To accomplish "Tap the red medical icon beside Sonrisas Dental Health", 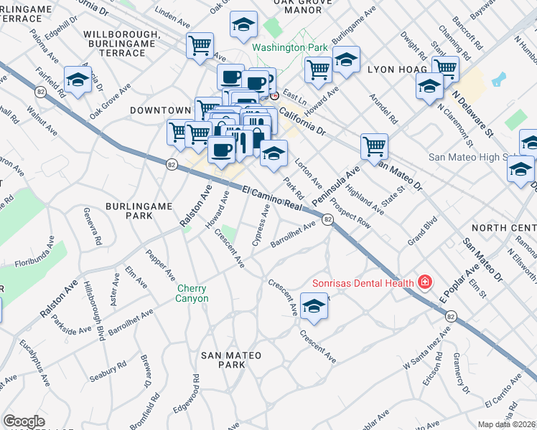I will point(425,282).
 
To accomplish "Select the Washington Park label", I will point(289,48).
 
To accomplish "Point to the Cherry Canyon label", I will point(192,294).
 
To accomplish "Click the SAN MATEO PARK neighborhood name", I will point(230,360).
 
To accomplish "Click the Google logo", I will point(24,421).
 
